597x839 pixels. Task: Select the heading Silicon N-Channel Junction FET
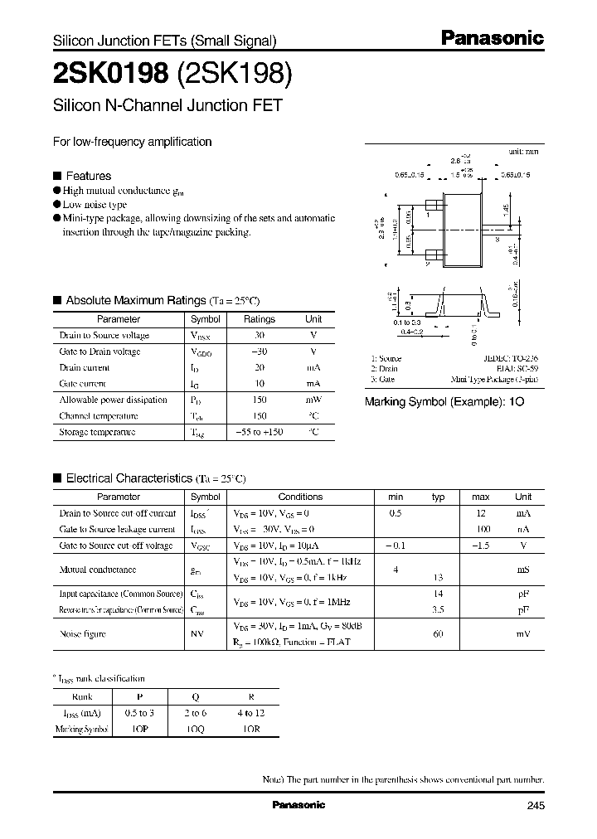(x=168, y=105)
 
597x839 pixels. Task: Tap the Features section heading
(x=88, y=176)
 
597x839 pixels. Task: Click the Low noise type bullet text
(x=95, y=204)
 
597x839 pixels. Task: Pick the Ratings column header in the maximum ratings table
(x=259, y=319)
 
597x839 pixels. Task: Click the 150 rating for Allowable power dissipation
(x=259, y=400)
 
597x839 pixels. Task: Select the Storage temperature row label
(x=97, y=432)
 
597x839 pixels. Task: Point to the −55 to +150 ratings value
(x=259, y=432)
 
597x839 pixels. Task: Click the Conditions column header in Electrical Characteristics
(x=300, y=497)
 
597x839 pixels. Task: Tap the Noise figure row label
(x=82, y=634)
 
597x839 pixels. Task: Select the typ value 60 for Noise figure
(x=439, y=634)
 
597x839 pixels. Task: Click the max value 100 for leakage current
(x=481, y=529)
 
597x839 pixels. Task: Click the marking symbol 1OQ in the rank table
(x=196, y=728)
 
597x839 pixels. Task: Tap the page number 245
(x=535, y=806)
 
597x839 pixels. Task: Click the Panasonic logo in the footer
(x=298, y=805)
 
